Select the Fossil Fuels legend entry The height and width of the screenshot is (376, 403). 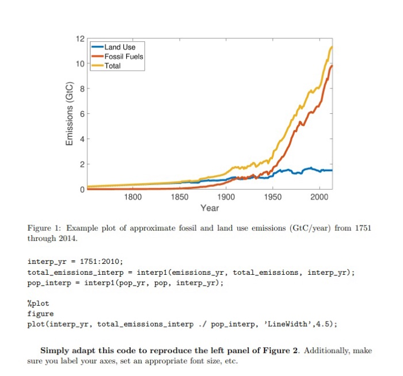pyautogui.click(x=123, y=56)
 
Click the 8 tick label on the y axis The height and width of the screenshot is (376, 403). pyautogui.click(x=82, y=89)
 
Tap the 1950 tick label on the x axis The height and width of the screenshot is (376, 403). pyautogui.click(x=273, y=197)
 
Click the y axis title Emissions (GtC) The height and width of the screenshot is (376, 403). pyautogui.click(x=69, y=114)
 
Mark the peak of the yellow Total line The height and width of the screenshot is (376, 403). pyautogui.click(x=332, y=47)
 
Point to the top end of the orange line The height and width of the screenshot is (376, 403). pyautogui.click(x=332, y=66)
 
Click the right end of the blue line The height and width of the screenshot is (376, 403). pyautogui.click(x=332, y=170)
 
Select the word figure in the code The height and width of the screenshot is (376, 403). pyautogui.click(x=40, y=314)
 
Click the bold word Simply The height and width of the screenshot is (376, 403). pyautogui.click(x=54, y=351)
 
